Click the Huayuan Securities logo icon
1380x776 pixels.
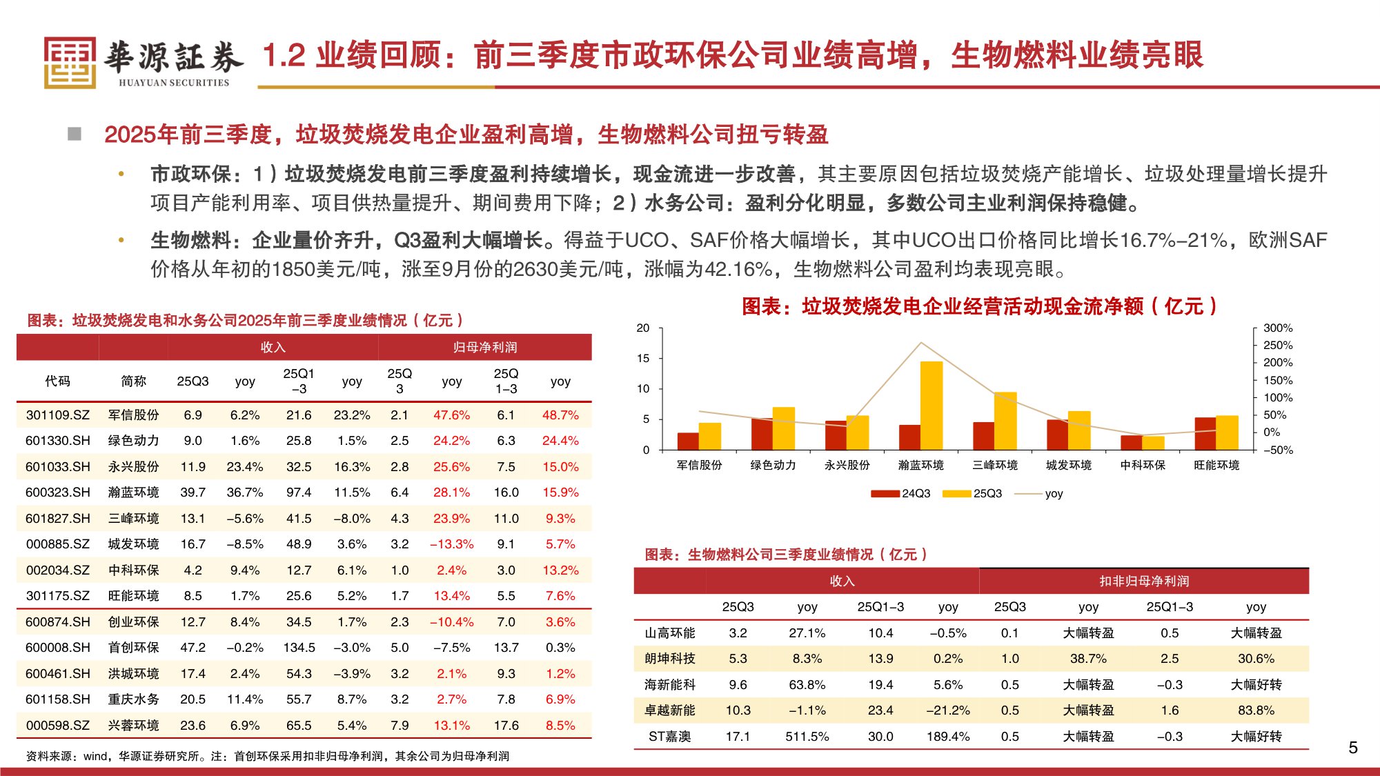(70, 63)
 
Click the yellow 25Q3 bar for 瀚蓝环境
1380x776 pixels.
(931, 405)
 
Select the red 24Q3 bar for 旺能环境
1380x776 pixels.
(1205, 433)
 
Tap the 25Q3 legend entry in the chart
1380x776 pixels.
(973, 493)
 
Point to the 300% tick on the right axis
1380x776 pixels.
(1277, 328)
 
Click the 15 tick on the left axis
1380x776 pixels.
(643, 358)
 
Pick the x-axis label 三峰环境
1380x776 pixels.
(994, 465)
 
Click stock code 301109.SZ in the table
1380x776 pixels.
(58, 415)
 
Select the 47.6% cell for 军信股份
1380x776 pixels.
(451, 415)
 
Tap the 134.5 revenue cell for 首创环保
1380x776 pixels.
(299, 648)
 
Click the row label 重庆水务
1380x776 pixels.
(133, 699)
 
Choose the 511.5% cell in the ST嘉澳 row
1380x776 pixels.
(807, 737)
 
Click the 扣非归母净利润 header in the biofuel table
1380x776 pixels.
(1143, 581)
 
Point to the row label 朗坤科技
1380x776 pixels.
(669, 659)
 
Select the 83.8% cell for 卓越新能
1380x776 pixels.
(1255, 710)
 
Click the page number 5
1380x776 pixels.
(1352, 748)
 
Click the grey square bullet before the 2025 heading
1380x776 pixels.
(75, 134)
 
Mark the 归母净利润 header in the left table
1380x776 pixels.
(484, 348)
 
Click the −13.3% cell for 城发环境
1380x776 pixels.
(451, 544)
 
